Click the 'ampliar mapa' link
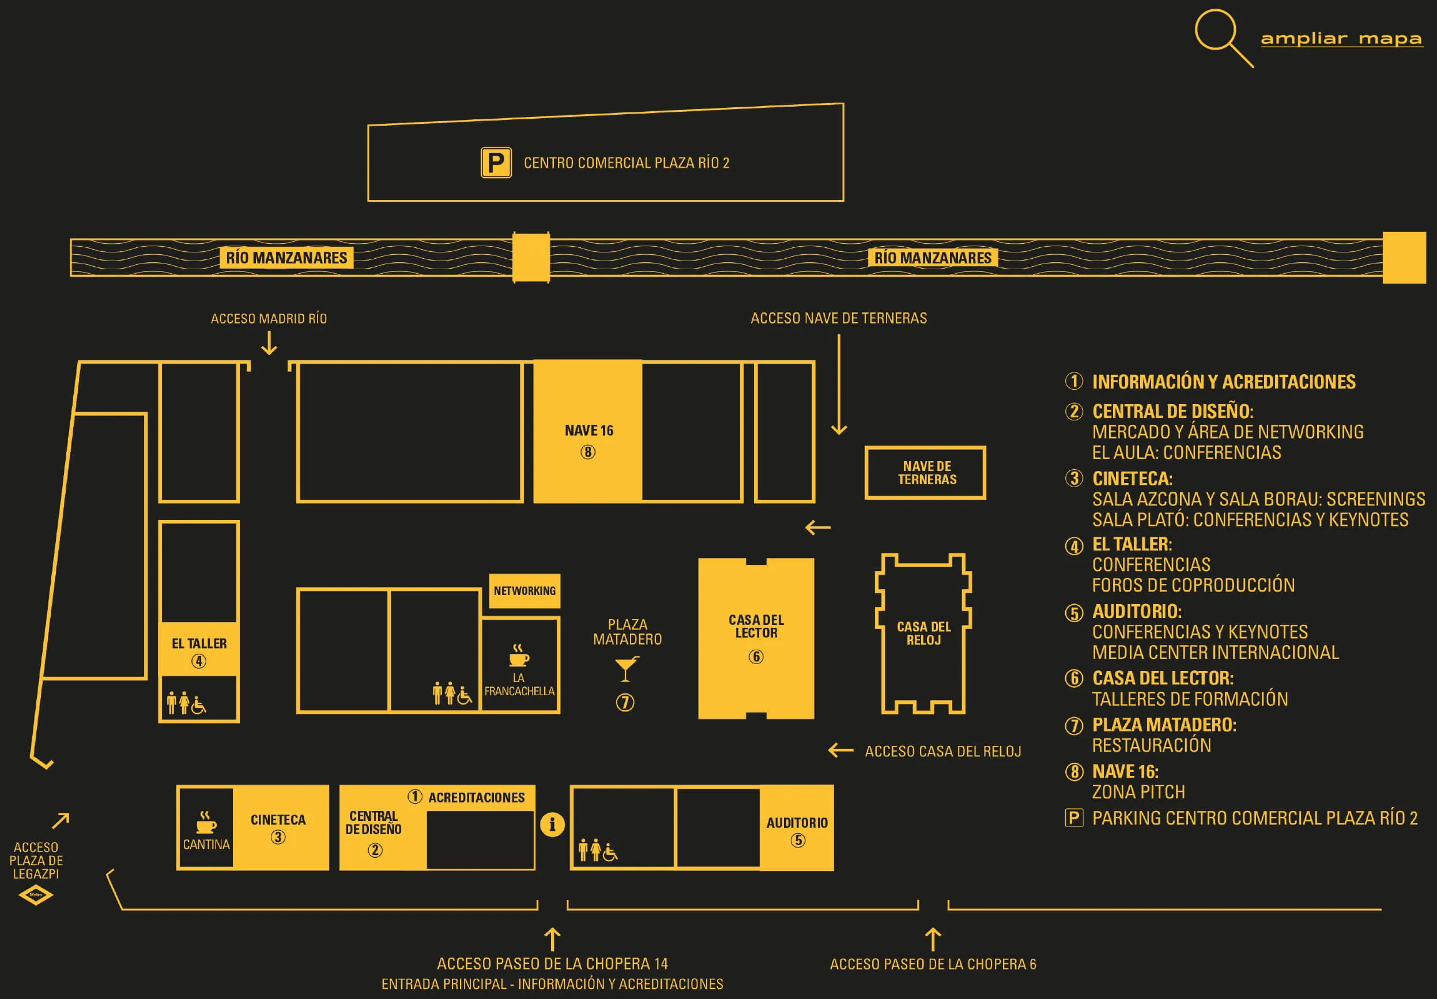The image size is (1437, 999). pos(1341,39)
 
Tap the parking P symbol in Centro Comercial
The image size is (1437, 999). pos(496,163)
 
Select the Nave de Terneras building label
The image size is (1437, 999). pos(926,473)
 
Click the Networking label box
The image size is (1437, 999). pos(525,591)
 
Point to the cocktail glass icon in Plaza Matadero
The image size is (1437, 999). pos(626,669)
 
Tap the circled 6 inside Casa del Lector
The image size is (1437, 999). pos(756,657)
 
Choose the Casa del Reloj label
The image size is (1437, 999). pos(923,633)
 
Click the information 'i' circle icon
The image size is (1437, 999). pos(552,824)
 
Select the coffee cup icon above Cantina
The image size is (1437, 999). pos(206,822)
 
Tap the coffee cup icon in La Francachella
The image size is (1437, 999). pos(519,655)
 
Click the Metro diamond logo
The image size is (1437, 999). pos(36,895)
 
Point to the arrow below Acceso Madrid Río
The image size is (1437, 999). pos(269,343)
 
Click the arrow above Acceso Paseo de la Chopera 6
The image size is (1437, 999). pos(933,939)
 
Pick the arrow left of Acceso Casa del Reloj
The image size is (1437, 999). pos(840,750)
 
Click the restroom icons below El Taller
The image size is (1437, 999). pos(186,703)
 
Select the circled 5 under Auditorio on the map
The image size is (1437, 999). pos(797,840)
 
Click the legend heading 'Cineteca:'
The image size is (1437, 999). pos(1132,479)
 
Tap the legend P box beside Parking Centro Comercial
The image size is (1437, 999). pos(1074,817)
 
